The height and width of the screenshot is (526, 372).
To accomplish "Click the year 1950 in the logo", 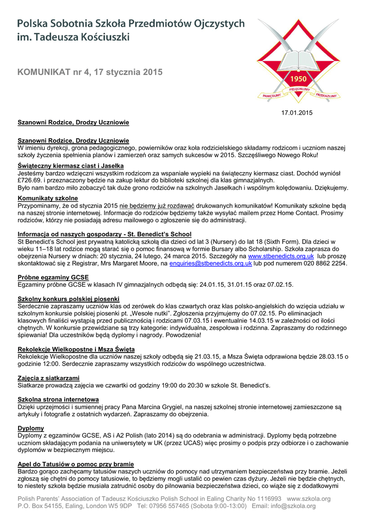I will pyautogui.click(x=299, y=80).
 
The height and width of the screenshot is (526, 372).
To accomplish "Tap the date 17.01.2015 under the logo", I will pyautogui.click(x=296, y=112).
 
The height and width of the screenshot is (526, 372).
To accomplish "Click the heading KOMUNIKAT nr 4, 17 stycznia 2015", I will pyautogui.click(x=90, y=72).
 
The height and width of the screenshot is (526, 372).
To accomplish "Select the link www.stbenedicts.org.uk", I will pyautogui.click(x=281, y=256).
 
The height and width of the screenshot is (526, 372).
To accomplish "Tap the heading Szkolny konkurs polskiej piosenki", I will pyautogui.click(x=68, y=299).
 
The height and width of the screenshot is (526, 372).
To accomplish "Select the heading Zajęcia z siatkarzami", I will pyautogui.click(x=49, y=378).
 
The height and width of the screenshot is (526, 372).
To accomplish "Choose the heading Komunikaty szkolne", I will pyautogui.click(x=48, y=198).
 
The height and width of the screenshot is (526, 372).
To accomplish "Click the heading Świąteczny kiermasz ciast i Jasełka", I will pyautogui.click(x=70, y=166).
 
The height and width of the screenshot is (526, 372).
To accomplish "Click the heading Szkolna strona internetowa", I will pyautogui.click(x=58, y=399).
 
